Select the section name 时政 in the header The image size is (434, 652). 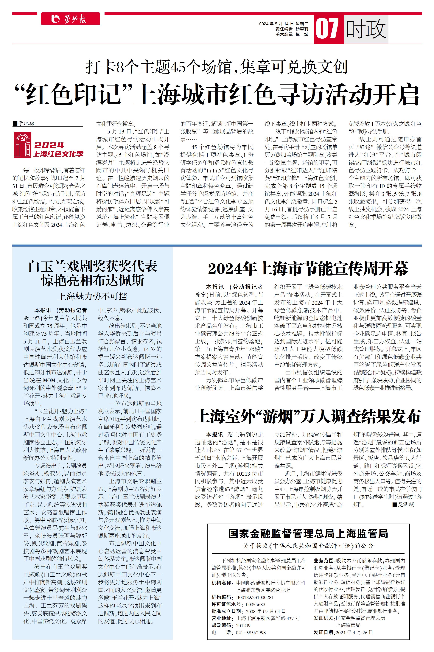366,29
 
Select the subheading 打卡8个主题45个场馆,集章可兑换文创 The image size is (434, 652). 217,67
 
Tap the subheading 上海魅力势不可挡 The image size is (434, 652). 92,297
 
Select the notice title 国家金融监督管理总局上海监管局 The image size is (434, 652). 308,533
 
